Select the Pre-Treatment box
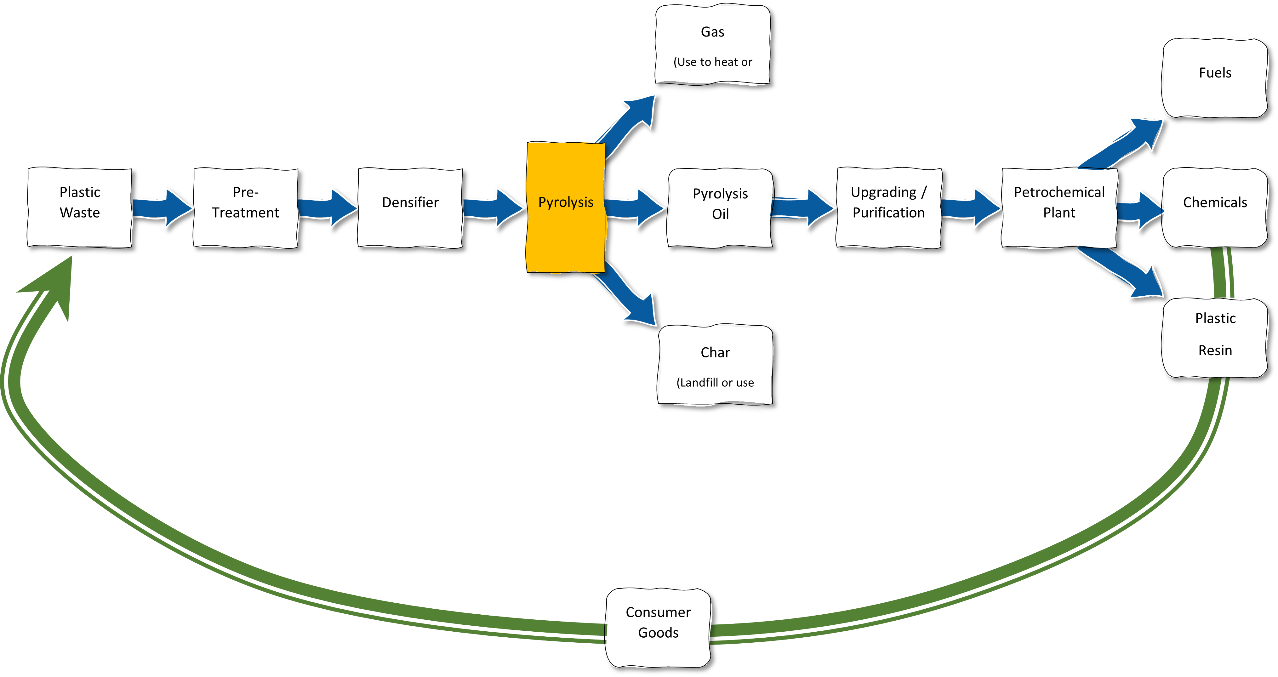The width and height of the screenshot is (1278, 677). [246, 207]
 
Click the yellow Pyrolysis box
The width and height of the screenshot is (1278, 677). [566, 207]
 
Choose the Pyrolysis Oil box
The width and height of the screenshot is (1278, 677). [720, 207]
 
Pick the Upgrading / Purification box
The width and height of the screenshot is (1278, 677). [888, 207]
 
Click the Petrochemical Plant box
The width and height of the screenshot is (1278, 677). [1059, 207]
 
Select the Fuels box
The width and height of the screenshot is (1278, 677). [1215, 78]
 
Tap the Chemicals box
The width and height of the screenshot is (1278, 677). [1215, 207]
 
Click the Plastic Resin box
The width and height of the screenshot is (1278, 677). [1215, 337]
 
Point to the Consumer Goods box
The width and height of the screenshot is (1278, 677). [658, 627]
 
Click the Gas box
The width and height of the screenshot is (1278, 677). [712, 45]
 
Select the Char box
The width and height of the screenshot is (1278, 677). [715, 365]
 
